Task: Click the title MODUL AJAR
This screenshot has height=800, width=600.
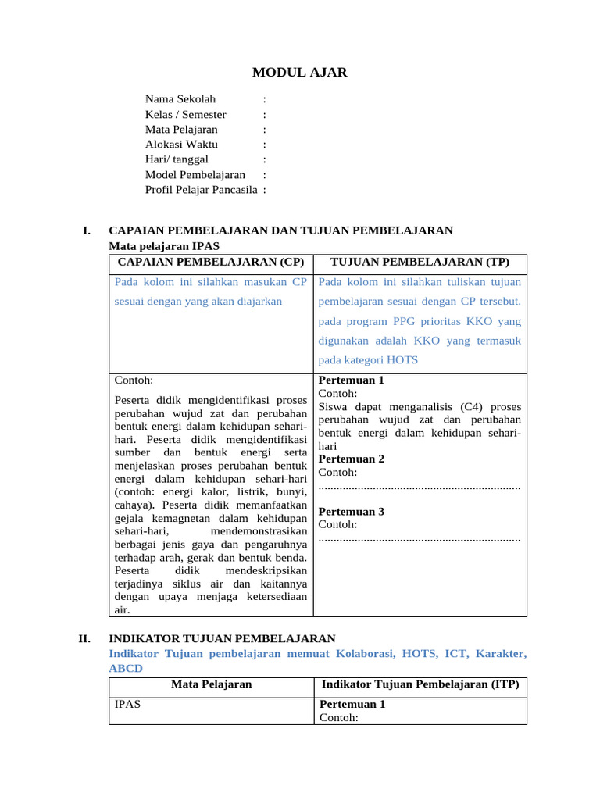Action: (x=300, y=73)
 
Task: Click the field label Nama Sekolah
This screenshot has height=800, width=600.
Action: (x=180, y=99)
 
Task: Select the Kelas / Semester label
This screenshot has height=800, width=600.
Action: (x=185, y=115)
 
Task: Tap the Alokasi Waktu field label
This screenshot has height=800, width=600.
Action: (x=181, y=145)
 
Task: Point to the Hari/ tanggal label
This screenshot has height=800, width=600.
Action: (x=177, y=159)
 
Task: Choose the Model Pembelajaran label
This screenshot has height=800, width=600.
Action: (x=195, y=175)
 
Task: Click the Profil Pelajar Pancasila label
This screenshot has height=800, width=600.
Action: (x=201, y=190)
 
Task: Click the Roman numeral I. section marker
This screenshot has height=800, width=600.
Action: (x=87, y=230)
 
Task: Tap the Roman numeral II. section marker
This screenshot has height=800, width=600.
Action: (x=85, y=639)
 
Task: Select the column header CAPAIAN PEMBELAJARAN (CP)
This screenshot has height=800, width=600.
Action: (x=210, y=261)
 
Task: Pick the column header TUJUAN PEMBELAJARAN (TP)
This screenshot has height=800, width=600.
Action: (x=420, y=261)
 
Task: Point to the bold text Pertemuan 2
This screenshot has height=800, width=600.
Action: (x=352, y=459)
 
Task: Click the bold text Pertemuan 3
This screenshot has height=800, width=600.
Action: (x=352, y=512)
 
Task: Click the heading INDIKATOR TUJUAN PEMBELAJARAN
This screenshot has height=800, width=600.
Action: (x=223, y=639)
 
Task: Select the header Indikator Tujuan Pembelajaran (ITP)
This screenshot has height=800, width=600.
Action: (x=420, y=684)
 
